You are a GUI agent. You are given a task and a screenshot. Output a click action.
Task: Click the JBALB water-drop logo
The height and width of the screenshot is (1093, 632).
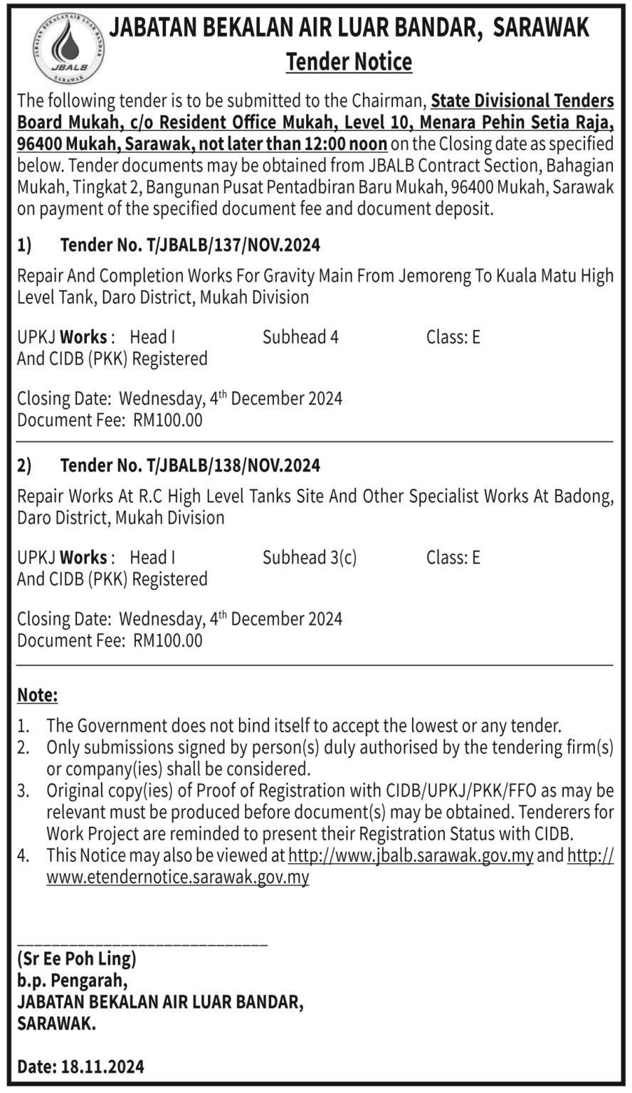pyautogui.click(x=69, y=49)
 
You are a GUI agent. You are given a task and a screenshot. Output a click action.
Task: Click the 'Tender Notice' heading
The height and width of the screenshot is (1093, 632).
pyautogui.click(x=349, y=62)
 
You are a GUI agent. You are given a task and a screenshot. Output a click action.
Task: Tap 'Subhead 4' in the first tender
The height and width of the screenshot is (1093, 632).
pyautogui.click(x=300, y=337)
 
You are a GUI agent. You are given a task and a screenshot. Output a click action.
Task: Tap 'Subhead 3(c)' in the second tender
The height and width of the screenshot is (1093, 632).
pyautogui.click(x=310, y=557)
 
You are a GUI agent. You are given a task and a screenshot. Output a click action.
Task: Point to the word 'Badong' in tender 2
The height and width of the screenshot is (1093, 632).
pyautogui.click(x=584, y=496)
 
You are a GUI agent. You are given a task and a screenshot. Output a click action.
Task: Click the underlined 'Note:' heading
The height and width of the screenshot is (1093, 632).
pyautogui.click(x=38, y=695)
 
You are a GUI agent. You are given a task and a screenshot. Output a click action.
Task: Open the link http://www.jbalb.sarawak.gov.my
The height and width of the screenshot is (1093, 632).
pyautogui.click(x=411, y=855)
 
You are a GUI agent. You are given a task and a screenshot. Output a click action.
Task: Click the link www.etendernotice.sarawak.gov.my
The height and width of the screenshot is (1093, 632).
pyautogui.click(x=178, y=877)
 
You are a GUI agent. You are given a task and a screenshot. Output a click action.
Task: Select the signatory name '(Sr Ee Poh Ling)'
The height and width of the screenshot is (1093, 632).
pyautogui.click(x=77, y=959)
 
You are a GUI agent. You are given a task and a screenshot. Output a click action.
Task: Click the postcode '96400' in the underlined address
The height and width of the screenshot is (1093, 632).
pyautogui.click(x=41, y=144)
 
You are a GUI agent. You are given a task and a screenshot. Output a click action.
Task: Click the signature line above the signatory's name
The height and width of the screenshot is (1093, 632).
pyautogui.click(x=142, y=944)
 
